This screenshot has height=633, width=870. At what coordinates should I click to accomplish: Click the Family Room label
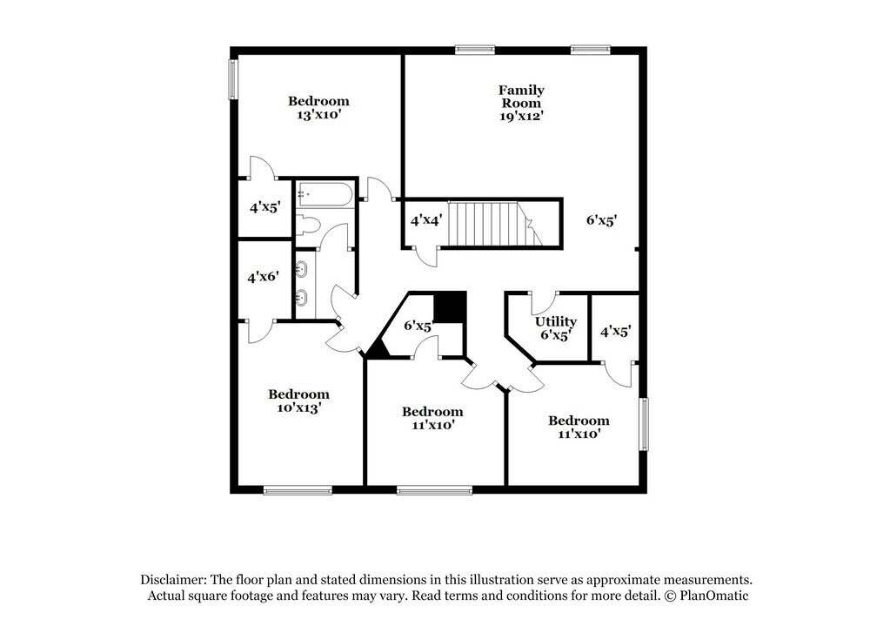[x=521, y=96]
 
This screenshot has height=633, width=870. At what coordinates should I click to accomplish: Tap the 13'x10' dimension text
[x=318, y=114]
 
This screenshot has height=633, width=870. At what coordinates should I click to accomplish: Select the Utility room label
[x=556, y=322]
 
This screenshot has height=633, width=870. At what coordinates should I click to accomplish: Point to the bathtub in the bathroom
[x=325, y=192]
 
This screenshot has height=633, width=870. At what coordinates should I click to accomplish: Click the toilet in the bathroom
[x=308, y=226]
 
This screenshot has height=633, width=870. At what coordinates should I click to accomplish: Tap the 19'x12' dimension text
[x=521, y=115]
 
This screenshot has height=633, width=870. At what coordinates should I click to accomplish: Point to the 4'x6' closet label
[x=262, y=277]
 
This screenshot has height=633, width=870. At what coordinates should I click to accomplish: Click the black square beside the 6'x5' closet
[x=450, y=307]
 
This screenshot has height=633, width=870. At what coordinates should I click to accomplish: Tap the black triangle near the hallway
[x=376, y=348]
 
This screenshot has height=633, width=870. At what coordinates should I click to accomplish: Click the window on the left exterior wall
[x=233, y=78]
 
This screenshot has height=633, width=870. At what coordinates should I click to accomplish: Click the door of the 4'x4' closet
[x=427, y=256]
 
